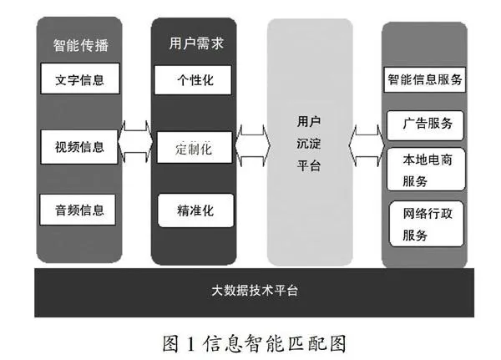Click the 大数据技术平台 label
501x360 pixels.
pyautogui.click(x=250, y=292)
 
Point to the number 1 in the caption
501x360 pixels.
pyautogui.click(x=191, y=342)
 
